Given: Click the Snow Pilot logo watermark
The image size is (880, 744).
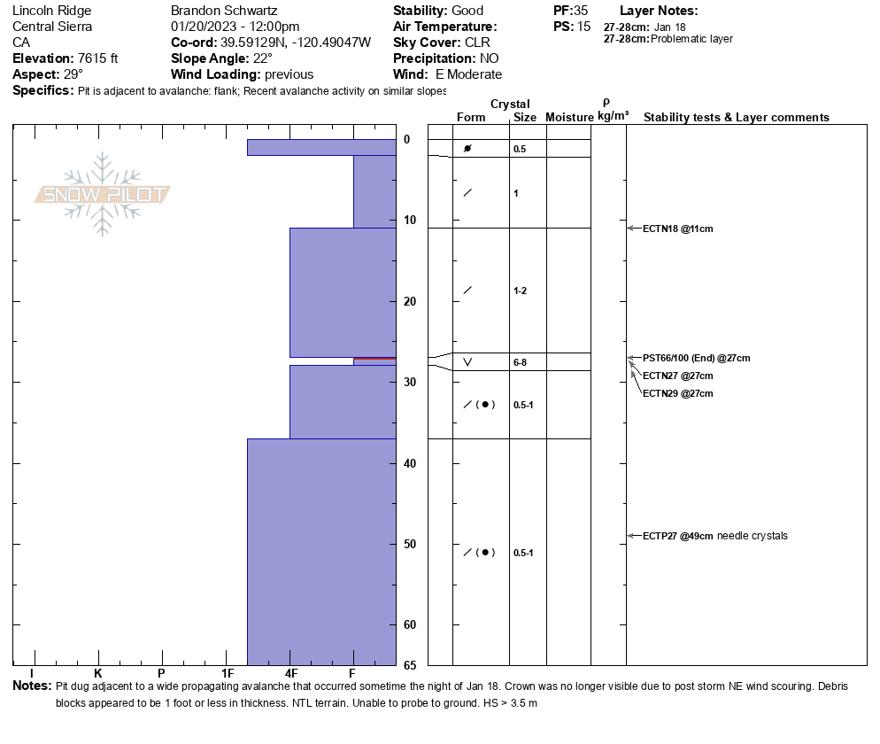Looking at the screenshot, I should pyautogui.click(x=103, y=194).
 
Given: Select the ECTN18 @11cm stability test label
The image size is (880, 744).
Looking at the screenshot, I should pyautogui.click(x=677, y=229).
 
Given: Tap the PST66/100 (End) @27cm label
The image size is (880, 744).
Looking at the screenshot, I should pyautogui.click(x=696, y=358).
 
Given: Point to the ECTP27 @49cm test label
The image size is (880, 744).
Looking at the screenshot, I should pyautogui.click(x=678, y=536).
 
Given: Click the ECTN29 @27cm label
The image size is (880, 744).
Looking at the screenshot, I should pyautogui.click(x=677, y=393).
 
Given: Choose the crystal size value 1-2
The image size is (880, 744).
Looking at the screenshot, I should pyautogui.click(x=521, y=291).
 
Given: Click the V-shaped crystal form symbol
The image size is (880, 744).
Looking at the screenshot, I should pyautogui.click(x=467, y=362).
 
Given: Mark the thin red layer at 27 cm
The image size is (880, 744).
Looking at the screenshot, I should pyautogui.click(x=374, y=358).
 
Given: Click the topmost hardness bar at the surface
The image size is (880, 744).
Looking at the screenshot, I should pyautogui.click(x=320, y=147).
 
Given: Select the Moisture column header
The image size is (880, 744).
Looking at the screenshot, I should pyautogui.click(x=569, y=118).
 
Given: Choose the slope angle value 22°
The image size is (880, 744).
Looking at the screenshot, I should pyautogui.click(x=258, y=58).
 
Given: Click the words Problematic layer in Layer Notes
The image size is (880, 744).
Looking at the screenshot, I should pyautogui.click(x=691, y=39).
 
